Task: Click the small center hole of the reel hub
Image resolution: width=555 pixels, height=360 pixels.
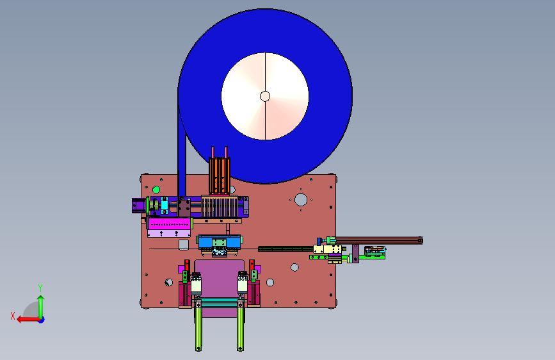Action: (265, 96)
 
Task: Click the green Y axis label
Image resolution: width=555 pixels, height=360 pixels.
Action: (40, 288)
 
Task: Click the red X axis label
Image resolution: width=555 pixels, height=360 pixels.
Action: (13, 316)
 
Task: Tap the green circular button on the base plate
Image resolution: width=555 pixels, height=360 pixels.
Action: (156, 189)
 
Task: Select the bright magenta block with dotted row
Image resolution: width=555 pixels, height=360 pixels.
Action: (170, 224)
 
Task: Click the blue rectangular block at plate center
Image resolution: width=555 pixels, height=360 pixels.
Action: (220, 241)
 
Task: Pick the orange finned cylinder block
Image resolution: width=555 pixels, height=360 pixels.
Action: (220, 176)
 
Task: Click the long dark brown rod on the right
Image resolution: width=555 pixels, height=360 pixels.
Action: (378, 240)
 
